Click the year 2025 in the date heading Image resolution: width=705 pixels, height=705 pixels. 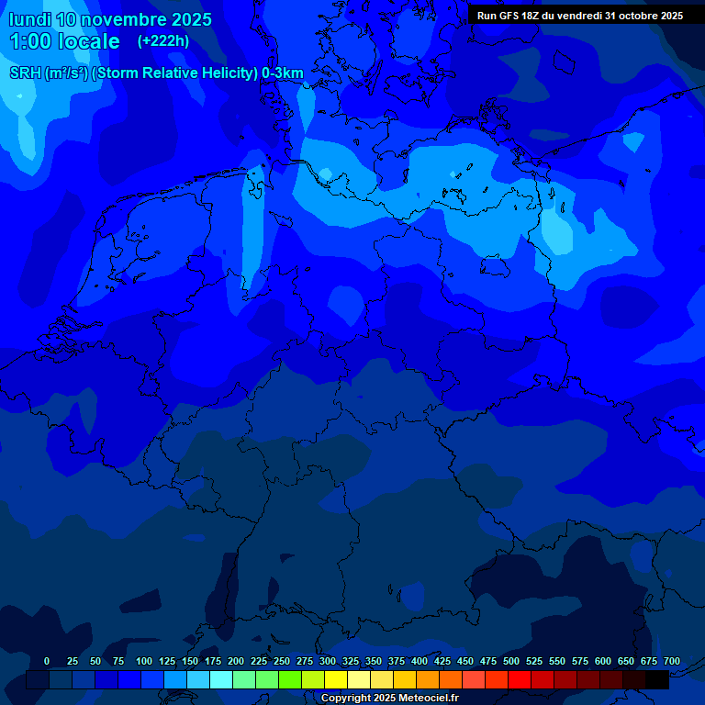pos(191,19)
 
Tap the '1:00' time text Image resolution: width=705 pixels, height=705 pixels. pos(31,41)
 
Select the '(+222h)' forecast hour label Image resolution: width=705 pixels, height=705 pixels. pos(163,41)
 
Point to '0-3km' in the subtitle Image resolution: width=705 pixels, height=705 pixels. pos(283,73)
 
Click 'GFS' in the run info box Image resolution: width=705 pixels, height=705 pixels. pos(509,16)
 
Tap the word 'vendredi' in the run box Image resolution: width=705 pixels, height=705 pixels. pos(577,16)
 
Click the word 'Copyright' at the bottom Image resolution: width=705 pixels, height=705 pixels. pos(345,698)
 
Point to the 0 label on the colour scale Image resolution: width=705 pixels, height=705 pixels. pos(47,661)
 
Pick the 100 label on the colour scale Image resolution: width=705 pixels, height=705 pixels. pos(144,661)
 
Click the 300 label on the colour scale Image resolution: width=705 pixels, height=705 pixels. pos(328,661)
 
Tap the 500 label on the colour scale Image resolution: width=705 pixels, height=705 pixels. pos(511,661)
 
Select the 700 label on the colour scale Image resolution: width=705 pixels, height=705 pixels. pos(672,661)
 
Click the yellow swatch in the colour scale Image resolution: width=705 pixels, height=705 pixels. pos(336,679)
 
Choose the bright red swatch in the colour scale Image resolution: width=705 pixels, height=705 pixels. pos(520,679)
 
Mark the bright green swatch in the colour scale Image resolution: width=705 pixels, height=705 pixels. pos(290,679)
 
